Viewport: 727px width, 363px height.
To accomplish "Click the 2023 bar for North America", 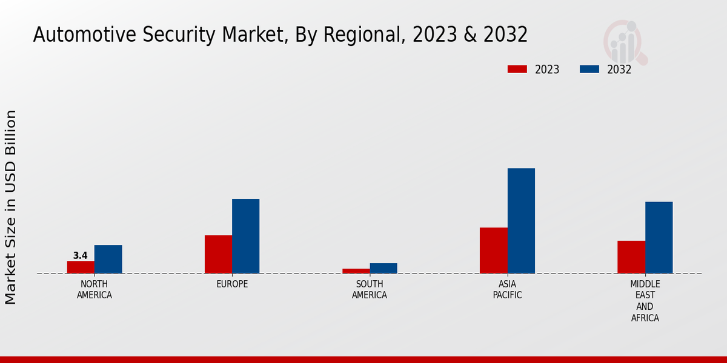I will point(81,267).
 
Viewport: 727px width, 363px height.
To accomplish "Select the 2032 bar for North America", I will point(108,259).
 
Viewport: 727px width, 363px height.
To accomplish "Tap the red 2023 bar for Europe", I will point(218,254).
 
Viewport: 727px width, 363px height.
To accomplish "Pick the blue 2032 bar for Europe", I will point(245,236).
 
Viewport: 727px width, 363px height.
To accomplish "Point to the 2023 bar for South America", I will point(356,271).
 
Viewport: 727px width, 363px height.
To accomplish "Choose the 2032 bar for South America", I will point(383,268).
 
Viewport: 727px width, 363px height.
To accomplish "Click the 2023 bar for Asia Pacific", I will point(493,250).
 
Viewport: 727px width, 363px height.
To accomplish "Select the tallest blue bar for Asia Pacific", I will point(521,221).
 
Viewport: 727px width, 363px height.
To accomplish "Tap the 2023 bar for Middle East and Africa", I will point(631,257).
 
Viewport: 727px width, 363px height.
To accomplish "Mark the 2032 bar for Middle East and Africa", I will point(659,237).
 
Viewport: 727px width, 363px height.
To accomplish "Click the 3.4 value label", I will point(81,256).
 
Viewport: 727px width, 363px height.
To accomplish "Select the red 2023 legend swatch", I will point(517,69).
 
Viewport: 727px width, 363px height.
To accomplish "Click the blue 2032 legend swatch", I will point(589,69).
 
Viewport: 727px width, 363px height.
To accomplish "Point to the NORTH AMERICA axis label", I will point(95,290).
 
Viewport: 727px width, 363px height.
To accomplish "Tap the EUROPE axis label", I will point(232,284).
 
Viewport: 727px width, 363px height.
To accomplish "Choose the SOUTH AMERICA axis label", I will point(370,290).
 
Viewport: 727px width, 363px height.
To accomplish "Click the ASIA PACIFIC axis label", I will point(507,290).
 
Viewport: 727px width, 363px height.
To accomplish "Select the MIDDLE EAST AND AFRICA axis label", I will point(645,301).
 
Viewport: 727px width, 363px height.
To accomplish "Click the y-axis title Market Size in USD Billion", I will point(11,207).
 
